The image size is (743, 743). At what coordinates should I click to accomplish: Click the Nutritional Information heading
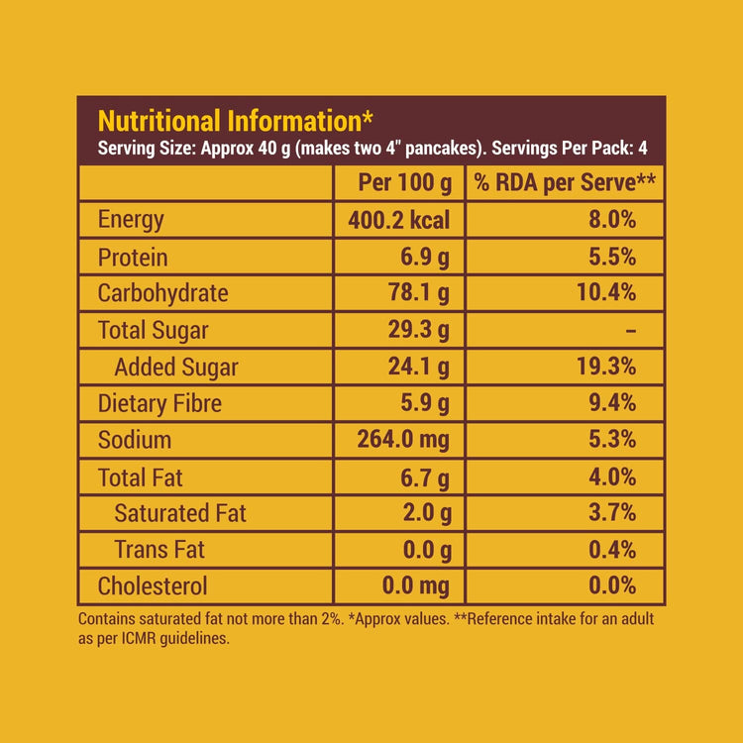tap(235, 122)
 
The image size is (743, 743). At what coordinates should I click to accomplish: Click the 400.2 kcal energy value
tap(398, 220)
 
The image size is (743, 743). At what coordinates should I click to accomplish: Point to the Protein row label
tap(133, 258)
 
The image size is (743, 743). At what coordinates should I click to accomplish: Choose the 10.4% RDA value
tap(604, 293)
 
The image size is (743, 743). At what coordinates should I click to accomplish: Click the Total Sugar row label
tap(153, 330)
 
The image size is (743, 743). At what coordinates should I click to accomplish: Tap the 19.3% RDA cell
tap(604, 368)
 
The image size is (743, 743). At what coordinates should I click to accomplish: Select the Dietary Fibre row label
tap(159, 403)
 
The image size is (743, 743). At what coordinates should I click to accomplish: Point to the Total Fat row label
tap(141, 478)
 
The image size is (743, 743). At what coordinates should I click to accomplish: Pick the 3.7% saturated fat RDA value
tap(611, 513)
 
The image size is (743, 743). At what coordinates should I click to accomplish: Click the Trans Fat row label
tap(159, 550)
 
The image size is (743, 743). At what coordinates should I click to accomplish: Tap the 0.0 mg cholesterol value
tap(415, 586)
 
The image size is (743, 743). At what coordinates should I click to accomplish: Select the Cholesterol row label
tap(153, 586)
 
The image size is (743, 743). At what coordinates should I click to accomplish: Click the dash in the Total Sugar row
tap(630, 331)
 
